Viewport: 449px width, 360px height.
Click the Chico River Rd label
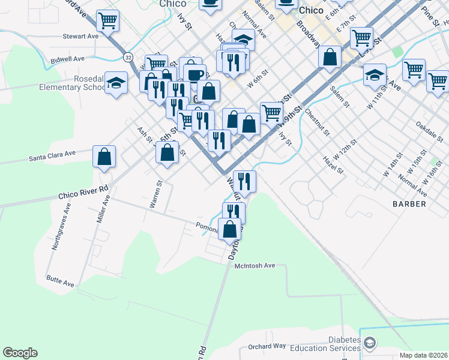coord(83,191)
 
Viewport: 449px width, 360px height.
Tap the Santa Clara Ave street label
coord(53,156)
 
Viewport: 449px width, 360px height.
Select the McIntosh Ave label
coord(255,265)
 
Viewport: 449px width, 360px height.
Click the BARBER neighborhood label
coord(409,204)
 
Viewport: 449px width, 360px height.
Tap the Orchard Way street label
coord(267,346)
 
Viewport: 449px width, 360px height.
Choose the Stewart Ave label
coord(80,36)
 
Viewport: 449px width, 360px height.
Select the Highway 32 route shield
coord(128,57)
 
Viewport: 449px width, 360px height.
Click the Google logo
coord(20,353)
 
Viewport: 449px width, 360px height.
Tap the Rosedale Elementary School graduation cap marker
coord(116,83)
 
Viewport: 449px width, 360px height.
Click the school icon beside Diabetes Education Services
coord(370,343)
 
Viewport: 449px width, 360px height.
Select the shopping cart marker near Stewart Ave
coord(108,21)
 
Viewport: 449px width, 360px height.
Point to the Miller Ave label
coord(101,208)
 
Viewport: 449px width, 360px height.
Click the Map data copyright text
coord(424,355)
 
